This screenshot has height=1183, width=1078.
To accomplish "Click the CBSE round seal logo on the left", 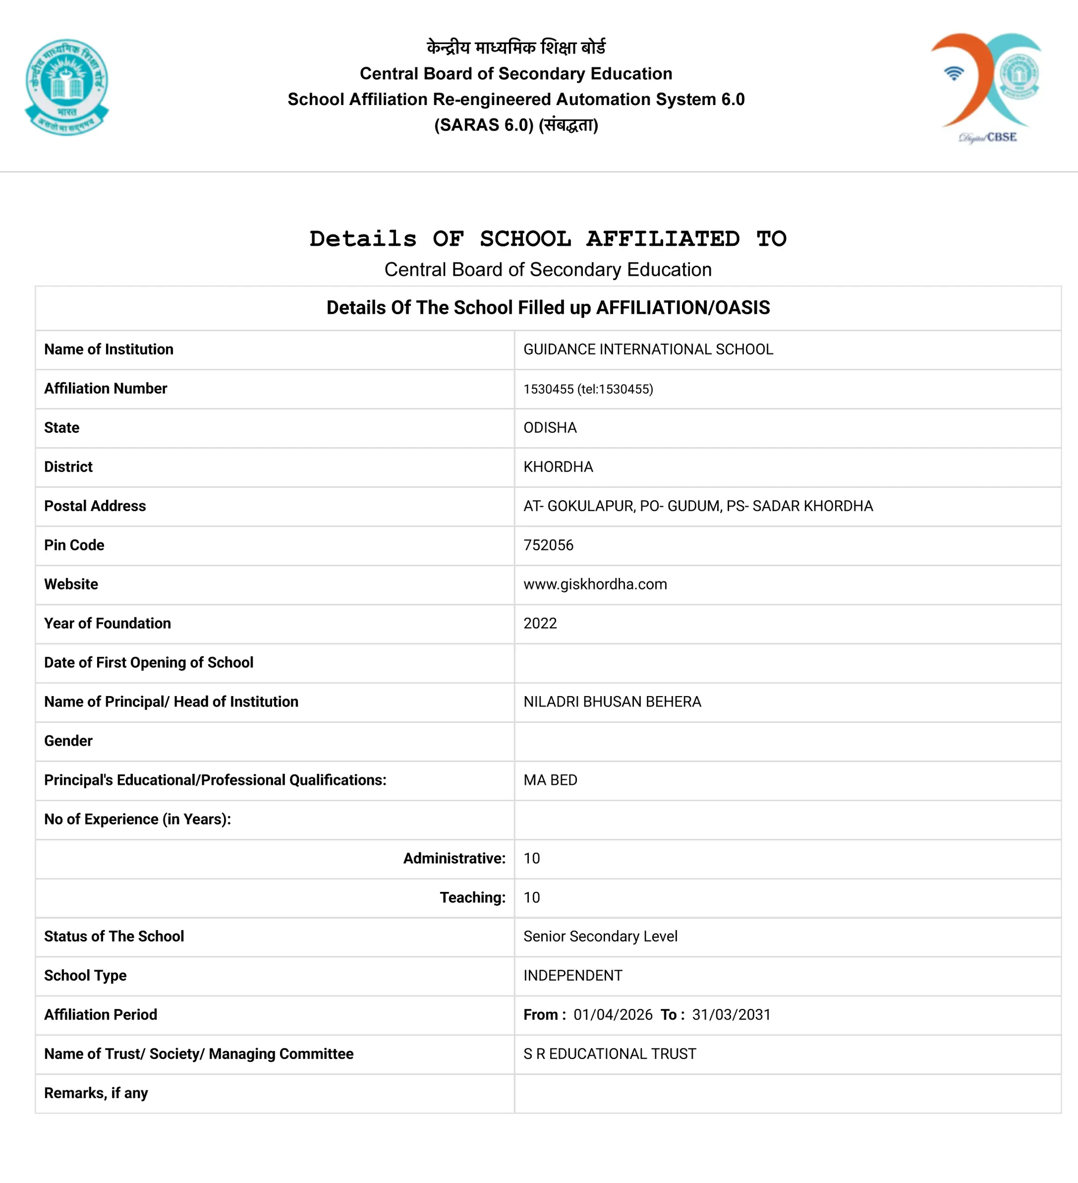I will pos(67,87).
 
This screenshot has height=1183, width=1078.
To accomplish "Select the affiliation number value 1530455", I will pos(548,389).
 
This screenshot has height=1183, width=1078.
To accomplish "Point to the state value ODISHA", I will pos(550,428).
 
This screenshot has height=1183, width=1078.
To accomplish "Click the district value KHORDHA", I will pos(558,467).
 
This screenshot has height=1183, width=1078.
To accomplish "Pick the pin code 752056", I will pos(548,545).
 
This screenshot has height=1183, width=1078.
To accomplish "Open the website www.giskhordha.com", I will pos(595,584).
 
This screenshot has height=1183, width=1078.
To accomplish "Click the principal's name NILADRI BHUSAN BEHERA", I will pos(612,702).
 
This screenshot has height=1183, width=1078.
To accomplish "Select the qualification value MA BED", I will pos(550,780).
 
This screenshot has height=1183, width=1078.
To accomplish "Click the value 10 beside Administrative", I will pos(532,859).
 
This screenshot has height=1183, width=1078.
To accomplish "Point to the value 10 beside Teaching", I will pos(532,897).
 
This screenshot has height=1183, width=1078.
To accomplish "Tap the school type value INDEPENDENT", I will pos(572,975).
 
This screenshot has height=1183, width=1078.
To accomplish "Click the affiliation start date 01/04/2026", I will pos(613,1015).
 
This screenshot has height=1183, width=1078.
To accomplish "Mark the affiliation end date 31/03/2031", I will pos(731,1015).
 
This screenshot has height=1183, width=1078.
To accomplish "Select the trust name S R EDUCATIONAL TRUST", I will pos(609,1054).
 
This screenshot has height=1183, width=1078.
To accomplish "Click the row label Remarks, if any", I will pos(96,1093).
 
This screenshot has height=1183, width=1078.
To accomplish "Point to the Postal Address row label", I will pos(95,506).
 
